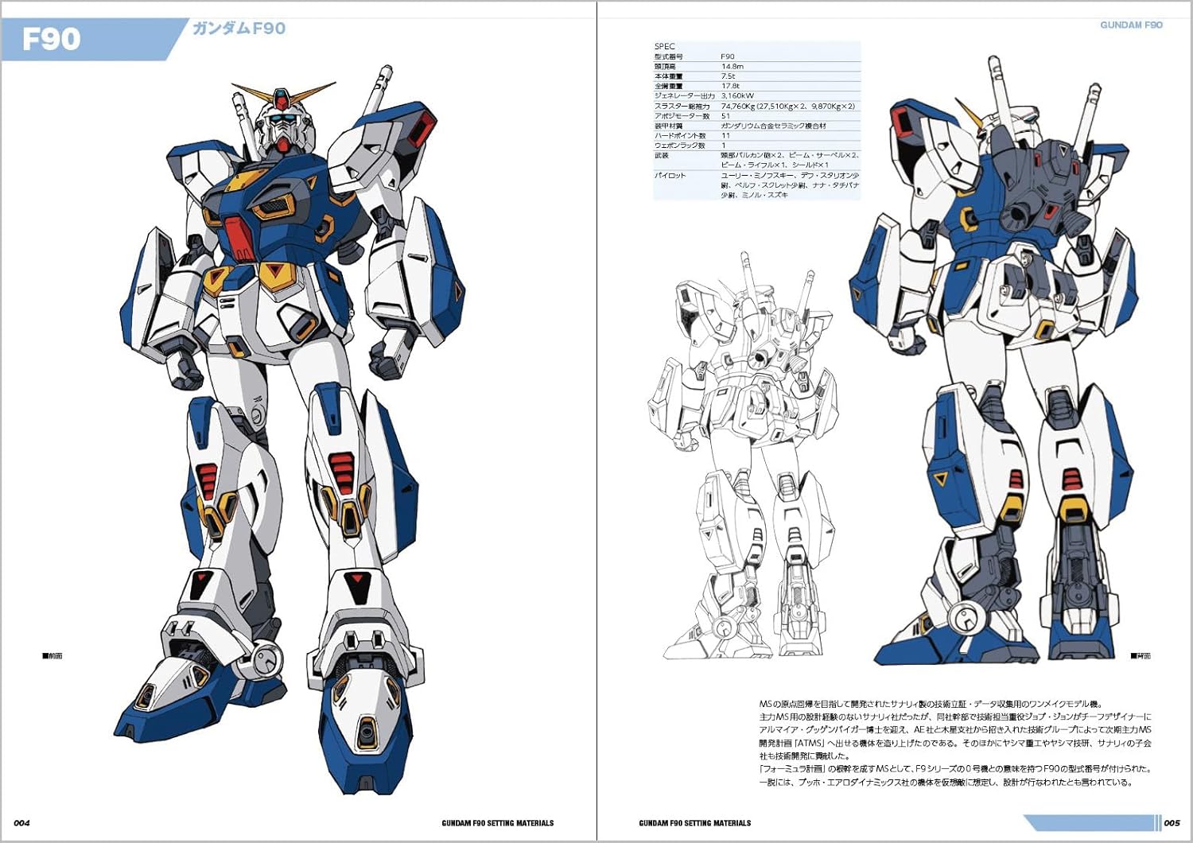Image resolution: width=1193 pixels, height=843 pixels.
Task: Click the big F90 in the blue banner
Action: click(x=52, y=39)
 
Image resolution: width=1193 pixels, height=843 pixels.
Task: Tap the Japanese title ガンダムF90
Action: click(x=239, y=29)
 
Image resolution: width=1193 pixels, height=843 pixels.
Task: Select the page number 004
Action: click(x=22, y=822)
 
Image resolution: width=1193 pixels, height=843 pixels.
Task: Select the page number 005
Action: click(x=1172, y=822)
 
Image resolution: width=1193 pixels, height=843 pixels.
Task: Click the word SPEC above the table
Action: click(x=664, y=46)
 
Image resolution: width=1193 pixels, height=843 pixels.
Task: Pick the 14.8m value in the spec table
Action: click(x=732, y=66)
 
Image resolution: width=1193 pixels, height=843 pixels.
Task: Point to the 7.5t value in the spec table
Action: click(x=728, y=76)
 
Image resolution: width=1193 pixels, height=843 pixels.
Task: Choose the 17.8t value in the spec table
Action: click(x=730, y=86)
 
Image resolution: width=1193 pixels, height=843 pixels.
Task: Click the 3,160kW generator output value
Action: click(x=737, y=95)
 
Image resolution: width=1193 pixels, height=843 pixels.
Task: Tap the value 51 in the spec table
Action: click(x=725, y=116)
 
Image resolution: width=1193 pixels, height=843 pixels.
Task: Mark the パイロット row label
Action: click(x=670, y=175)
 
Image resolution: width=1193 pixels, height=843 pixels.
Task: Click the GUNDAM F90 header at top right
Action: click(x=1131, y=25)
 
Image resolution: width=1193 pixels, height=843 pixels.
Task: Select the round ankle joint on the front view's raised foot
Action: click(x=266, y=658)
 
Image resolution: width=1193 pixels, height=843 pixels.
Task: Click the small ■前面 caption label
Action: click(x=52, y=656)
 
